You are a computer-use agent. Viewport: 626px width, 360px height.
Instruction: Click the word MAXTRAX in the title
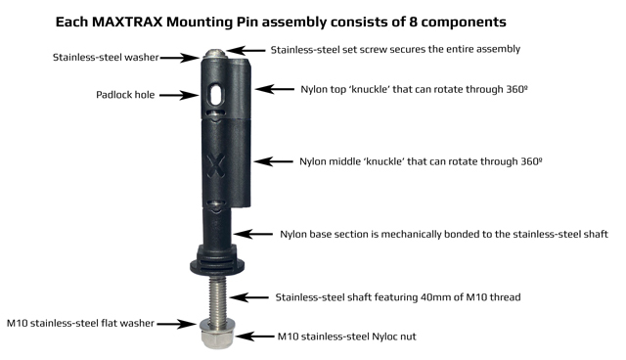[127, 22]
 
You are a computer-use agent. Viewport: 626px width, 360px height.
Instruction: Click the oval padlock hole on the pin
[217, 95]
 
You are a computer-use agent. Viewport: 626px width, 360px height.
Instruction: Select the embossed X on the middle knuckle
[216, 165]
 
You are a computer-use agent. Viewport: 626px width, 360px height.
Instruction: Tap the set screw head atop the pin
[215, 53]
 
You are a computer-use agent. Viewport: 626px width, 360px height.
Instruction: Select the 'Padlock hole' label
[125, 95]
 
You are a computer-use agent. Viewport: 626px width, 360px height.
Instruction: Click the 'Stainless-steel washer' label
[106, 58]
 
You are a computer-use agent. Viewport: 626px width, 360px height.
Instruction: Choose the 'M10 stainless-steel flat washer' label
[80, 323]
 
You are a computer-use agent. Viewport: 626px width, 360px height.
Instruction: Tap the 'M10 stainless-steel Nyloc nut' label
[346, 337]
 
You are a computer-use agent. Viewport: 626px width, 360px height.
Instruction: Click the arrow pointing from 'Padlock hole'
[179, 95]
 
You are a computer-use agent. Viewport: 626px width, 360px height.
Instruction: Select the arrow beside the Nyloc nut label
[255, 337]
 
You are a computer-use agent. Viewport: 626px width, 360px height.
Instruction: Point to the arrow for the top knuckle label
[275, 89]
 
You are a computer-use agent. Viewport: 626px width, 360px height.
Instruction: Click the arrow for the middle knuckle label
[273, 161]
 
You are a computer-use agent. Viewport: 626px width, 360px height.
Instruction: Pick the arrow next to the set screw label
[246, 50]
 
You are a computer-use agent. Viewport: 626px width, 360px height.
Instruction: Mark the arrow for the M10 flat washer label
[176, 324]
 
